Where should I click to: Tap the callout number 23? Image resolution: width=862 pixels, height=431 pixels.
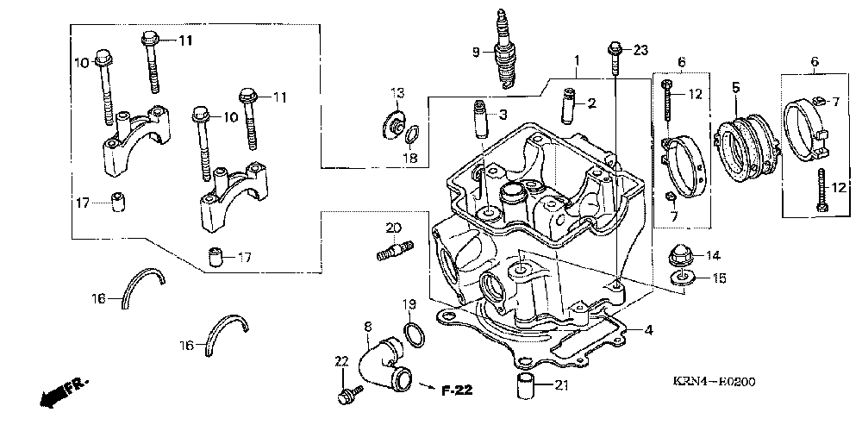coord(640,51)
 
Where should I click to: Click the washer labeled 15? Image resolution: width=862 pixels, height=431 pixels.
coord(684,278)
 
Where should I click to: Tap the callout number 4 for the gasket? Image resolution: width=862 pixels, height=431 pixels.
coord(648,329)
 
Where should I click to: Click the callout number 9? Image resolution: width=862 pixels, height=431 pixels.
coord(474,52)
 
